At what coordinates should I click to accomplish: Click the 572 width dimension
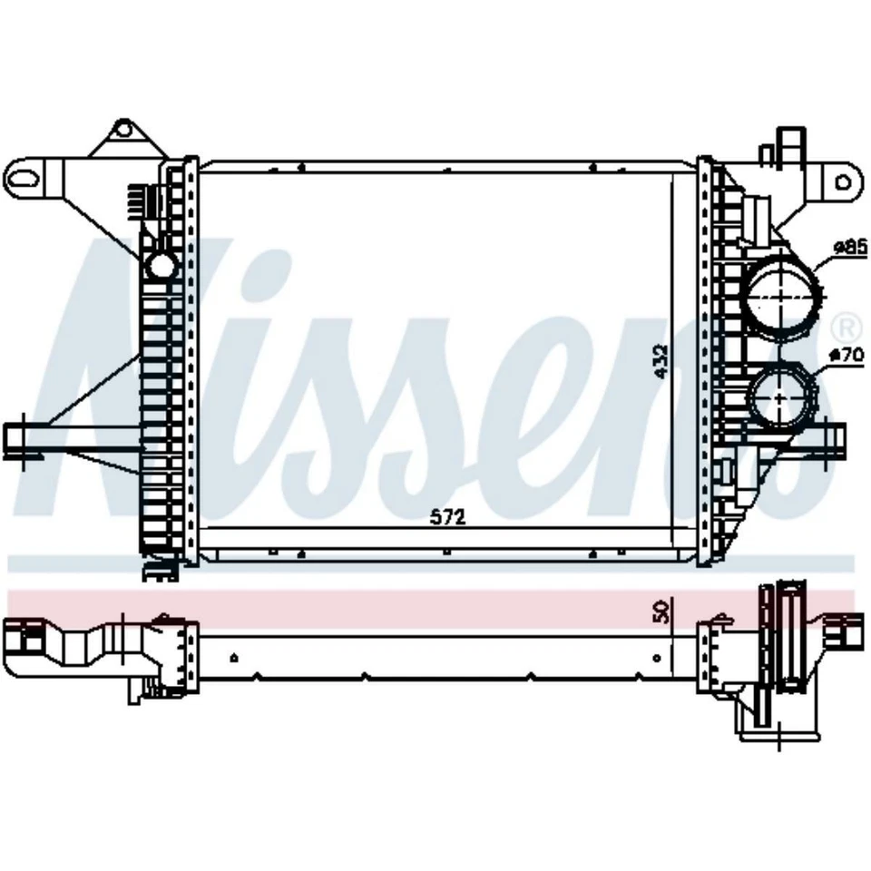point(447,518)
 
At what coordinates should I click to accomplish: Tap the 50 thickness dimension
point(661,611)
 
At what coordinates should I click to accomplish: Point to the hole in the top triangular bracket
point(122,132)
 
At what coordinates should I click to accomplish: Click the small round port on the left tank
point(161,265)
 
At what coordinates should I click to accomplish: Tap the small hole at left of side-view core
point(235,656)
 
